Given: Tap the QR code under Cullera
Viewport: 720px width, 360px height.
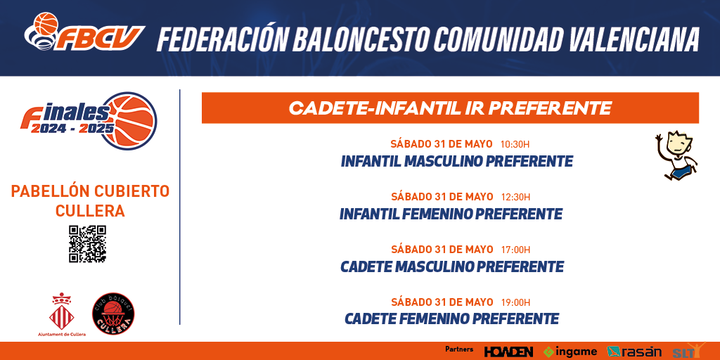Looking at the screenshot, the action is (x=87, y=244).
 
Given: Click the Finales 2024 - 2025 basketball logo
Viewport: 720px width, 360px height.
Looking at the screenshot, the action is (x=88, y=121).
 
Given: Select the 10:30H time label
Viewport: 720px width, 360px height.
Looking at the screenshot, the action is (x=515, y=144).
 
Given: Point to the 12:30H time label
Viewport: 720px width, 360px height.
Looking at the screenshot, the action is (x=515, y=197).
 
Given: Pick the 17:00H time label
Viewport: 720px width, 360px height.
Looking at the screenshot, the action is (x=515, y=250).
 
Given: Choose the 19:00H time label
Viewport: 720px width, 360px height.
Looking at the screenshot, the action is (x=515, y=302).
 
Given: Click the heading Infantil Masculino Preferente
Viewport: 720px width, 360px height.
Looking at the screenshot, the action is (x=456, y=162).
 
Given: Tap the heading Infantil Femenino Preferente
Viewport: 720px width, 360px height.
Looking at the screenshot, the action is (x=451, y=214).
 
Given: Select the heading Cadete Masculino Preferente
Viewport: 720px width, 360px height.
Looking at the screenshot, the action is (x=452, y=266).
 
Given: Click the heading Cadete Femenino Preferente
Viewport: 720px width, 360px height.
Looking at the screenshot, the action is (x=451, y=319).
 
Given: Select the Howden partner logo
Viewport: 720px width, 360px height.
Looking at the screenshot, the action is (x=509, y=352).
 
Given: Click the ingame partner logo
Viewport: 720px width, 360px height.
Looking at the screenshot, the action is (x=570, y=352).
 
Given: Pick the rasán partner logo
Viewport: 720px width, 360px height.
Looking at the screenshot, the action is (x=634, y=352).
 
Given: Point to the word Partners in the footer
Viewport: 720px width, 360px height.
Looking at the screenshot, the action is (x=459, y=349).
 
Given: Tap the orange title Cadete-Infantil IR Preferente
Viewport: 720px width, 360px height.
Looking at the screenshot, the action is (x=450, y=108).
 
